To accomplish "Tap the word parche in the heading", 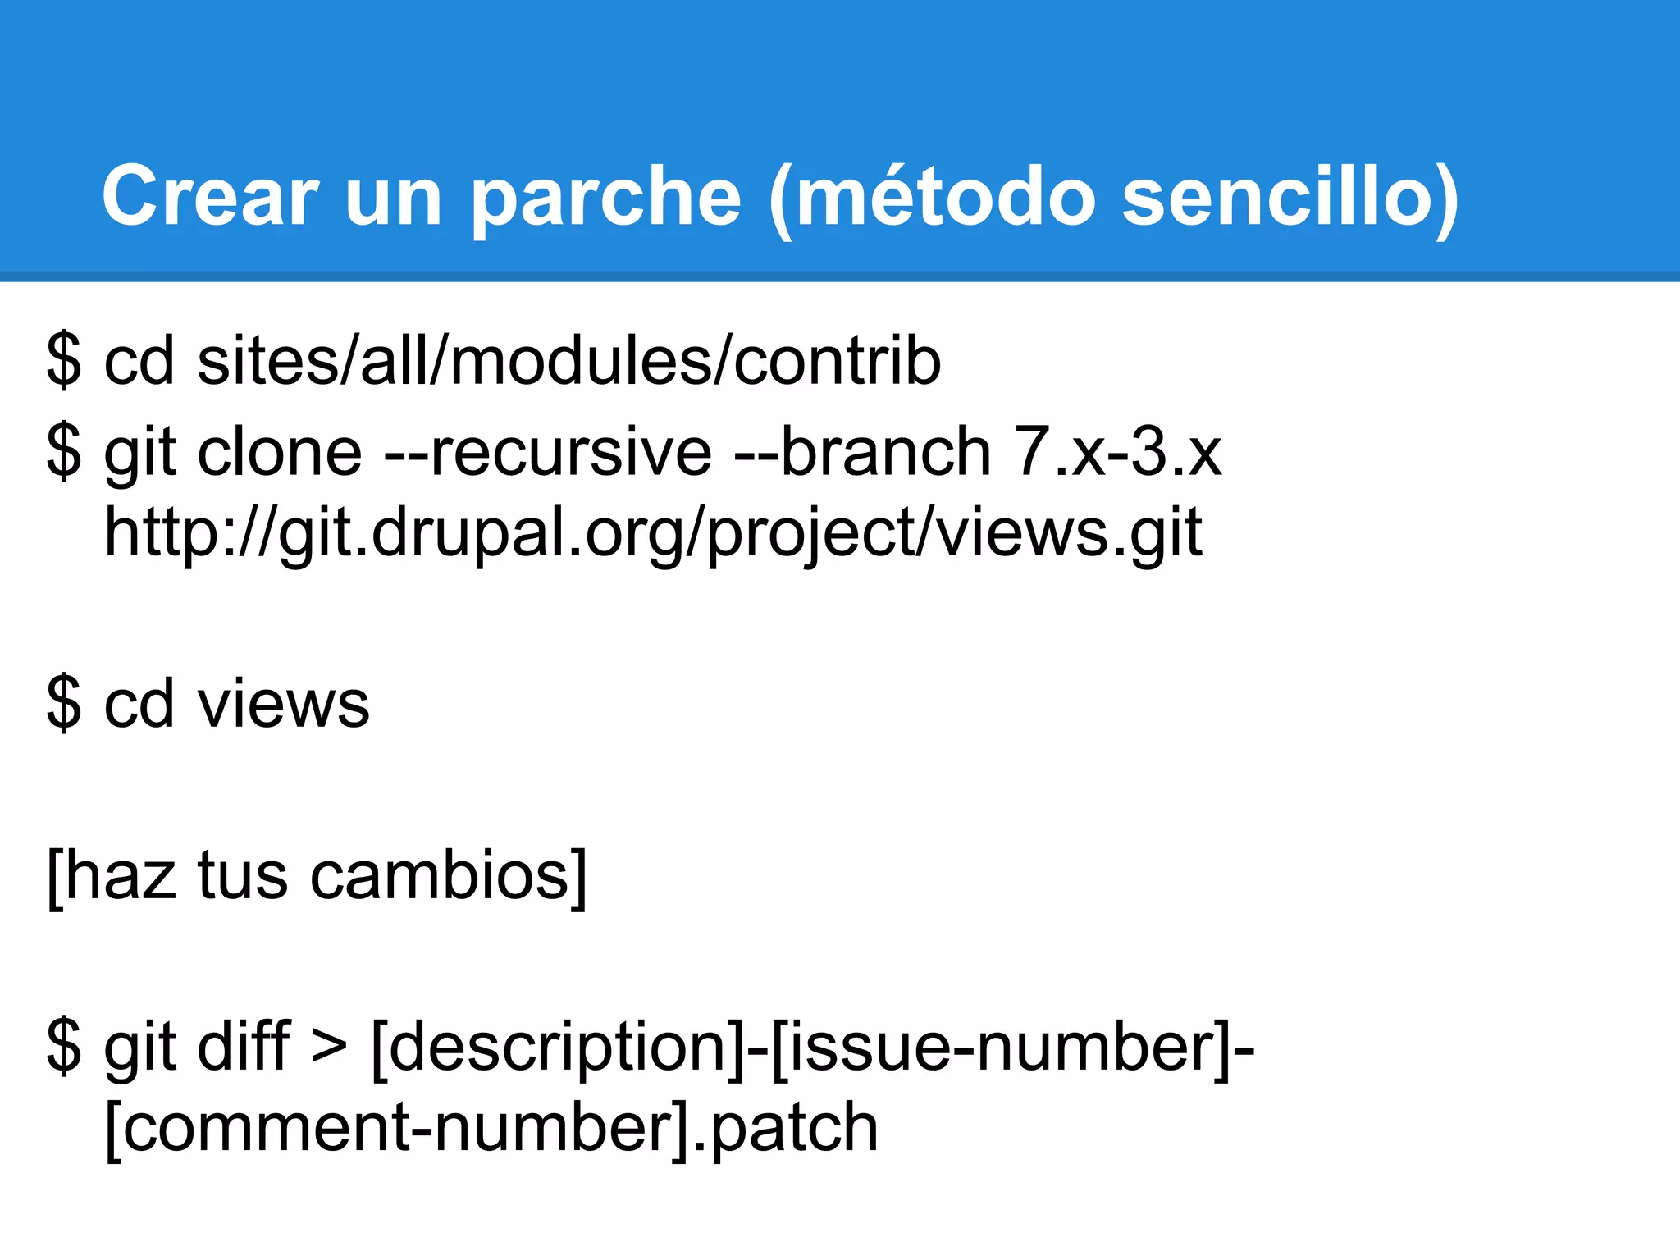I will coord(606,197).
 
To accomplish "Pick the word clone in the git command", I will coord(280,452).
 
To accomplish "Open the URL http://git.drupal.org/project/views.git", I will coord(653,533).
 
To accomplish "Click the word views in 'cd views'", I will coord(283,704).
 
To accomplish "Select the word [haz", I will coord(112,876).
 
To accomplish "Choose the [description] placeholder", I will coord(557,1048).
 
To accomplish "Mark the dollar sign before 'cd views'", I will coord(64,704).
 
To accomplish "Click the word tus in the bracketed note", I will coord(243,876).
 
